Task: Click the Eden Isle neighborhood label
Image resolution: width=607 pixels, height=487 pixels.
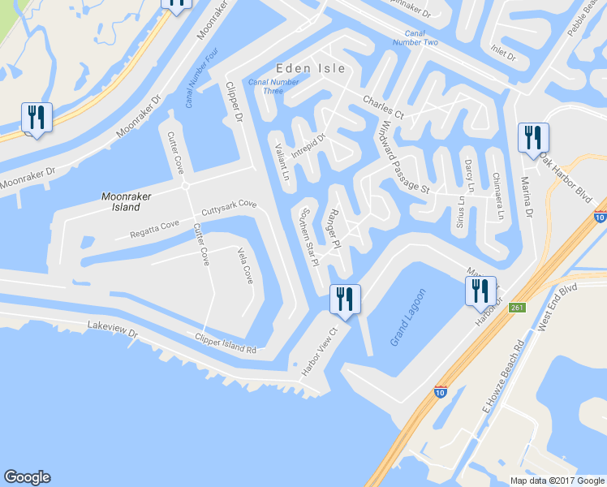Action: pyautogui.click(x=310, y=68)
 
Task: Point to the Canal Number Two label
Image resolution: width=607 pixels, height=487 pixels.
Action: pyautogui.click(x=415, y=37)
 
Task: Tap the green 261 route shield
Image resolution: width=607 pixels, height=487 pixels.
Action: pyautogui.click(x=517, y=308)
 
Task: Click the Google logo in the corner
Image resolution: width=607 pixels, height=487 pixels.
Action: pyautogui.click(x=27, y=477)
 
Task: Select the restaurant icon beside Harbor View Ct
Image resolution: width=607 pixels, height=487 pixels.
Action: pyautogui.click(x=344, y=300)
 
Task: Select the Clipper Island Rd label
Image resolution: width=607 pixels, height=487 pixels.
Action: pyautogui.click(x=225, y=343)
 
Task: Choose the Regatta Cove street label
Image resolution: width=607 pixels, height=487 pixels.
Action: pyautogui.click(x=154, y=230)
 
